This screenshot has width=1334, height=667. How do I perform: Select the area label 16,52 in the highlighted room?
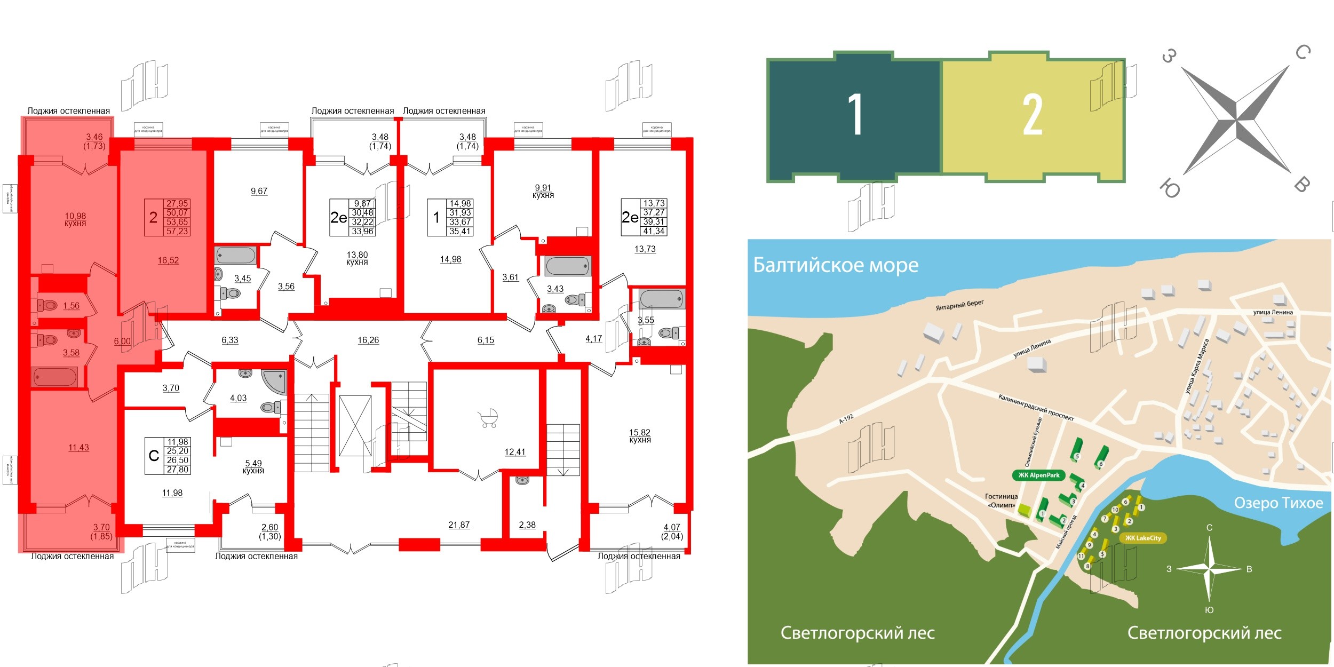click(x=168, y=260)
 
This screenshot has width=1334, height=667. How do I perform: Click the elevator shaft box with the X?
click(x=355, y=426)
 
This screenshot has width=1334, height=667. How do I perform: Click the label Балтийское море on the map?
click(x=836, y=265)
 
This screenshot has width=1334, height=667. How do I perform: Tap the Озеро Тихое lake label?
click(x=1279, y=503)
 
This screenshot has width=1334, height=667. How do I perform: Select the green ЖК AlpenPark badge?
click(x=1038, y=475)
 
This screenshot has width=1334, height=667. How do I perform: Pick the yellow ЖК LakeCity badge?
click(x=1143, y=538)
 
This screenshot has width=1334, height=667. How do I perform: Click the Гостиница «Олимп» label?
click(x=1001, y=501)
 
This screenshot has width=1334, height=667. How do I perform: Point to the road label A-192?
click(x=846, y=419)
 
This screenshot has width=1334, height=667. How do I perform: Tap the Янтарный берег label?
click(x=959, y=305)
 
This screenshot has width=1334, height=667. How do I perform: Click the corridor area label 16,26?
click(x=368, y=340)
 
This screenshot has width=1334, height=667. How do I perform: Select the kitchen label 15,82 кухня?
click(x=640, y=436)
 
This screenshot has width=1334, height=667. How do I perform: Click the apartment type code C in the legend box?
click(x=154, y=456)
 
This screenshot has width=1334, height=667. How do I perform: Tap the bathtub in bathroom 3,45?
click(x=235, y=255)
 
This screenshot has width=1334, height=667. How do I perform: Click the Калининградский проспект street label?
click(x=1036, y=407)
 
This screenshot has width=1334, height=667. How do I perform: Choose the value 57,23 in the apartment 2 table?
click(x=177, y=232)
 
